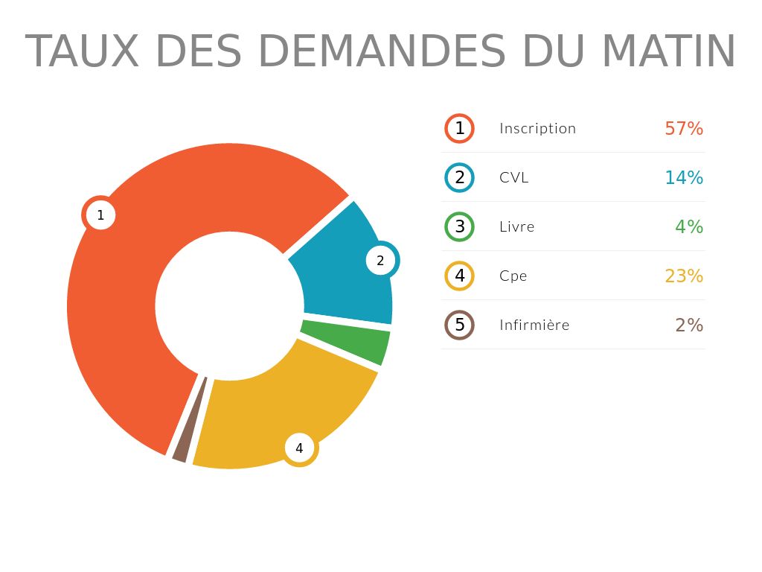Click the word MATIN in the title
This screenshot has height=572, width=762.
tap(668, 51)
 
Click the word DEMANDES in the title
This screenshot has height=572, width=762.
tap(380, 51)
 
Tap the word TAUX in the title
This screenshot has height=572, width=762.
tap(82, 51)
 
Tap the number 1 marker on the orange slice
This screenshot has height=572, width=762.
tap(100, 215)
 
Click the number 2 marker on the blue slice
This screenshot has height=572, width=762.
tap(380, 261)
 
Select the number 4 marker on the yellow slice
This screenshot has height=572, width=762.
tap(299, 448)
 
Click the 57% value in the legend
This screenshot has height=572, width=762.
tap(683, 128)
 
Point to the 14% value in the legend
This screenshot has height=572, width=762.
tap(683, 177)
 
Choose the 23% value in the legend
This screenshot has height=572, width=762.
tap(683, 276)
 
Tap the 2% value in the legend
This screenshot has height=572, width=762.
tap(688, 325)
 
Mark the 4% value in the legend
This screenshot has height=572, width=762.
tap(688, 226)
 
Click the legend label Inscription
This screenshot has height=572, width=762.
tap(537, 128)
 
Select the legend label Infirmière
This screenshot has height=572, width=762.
tap(534, 325)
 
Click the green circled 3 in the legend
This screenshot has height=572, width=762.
tap(459, 226)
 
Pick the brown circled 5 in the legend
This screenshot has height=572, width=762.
tap(459, 325)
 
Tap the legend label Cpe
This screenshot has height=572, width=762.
tap(513, 276)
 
